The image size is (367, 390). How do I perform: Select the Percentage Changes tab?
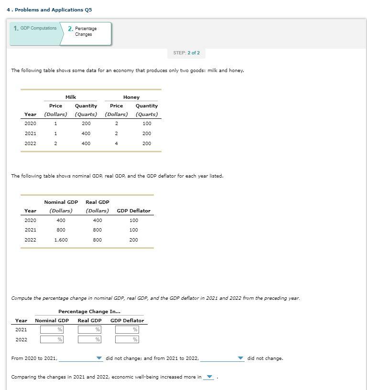click(85, 32)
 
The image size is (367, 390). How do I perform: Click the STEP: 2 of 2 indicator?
click(186, 53)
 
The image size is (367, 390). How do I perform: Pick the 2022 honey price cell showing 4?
click(116, 143)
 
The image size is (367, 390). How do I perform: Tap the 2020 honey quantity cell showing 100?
click(147, 124)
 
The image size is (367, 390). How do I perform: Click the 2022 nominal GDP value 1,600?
click(61, 240)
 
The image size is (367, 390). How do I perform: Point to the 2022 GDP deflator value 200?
click(134, 240)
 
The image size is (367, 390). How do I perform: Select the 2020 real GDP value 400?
click(97, 221)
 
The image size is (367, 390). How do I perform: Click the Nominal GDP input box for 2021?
click(52, 330)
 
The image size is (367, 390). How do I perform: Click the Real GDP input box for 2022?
click(89, 339)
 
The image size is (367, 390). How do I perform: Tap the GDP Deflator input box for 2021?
click(127, 330)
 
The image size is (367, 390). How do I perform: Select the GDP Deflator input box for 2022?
click(127, 339)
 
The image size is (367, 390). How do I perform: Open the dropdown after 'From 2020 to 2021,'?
click(81, 358)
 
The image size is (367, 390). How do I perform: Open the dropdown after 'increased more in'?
click(209, 377)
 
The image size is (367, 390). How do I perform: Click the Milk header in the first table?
click(71, 97)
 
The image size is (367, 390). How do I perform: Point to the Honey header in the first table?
click(131, 97)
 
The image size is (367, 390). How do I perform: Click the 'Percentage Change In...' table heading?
click(89, 312)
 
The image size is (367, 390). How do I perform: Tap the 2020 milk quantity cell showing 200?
click(86, 124)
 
